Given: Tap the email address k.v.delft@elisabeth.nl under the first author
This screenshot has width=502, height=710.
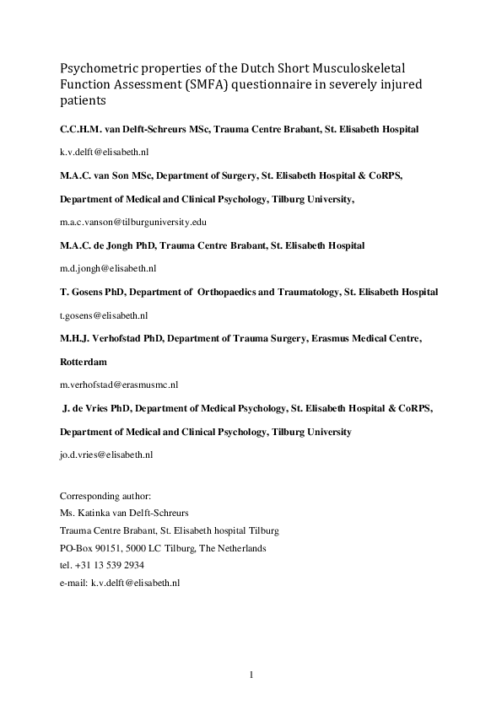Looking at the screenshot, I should tap(105, 153).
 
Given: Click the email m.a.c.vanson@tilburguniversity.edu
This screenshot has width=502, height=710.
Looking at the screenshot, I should tap(132, 222).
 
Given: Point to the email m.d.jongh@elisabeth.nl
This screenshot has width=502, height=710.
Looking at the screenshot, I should tap(108, 268).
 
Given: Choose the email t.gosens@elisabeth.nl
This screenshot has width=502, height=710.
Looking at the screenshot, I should tap(104, 315).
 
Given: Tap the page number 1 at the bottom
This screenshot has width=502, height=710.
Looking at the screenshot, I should tap(251, 674).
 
